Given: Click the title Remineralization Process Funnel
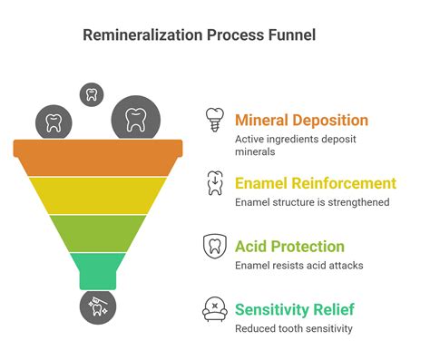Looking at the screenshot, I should pyautogui.click(x=200, y=35).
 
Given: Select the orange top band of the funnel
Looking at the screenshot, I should pyautogui.click(x=98, y=157).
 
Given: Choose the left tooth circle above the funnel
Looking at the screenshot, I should pyautogui.click(x=54, y=122).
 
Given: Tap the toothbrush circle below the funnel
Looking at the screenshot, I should pyautogui.click(x=97, y=308).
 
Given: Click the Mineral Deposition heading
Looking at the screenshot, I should pyautogui.click(x=301, y=120).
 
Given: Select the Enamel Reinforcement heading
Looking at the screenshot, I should pyautogui.click(x=315, y=183).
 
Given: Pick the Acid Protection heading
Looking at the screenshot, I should pyautogui.click(x=289, y=246).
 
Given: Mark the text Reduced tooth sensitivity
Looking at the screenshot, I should pyautogui.click(x=293, y=328).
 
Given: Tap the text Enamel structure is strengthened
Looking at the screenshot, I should pyautogui.click(x=311, y=202).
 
